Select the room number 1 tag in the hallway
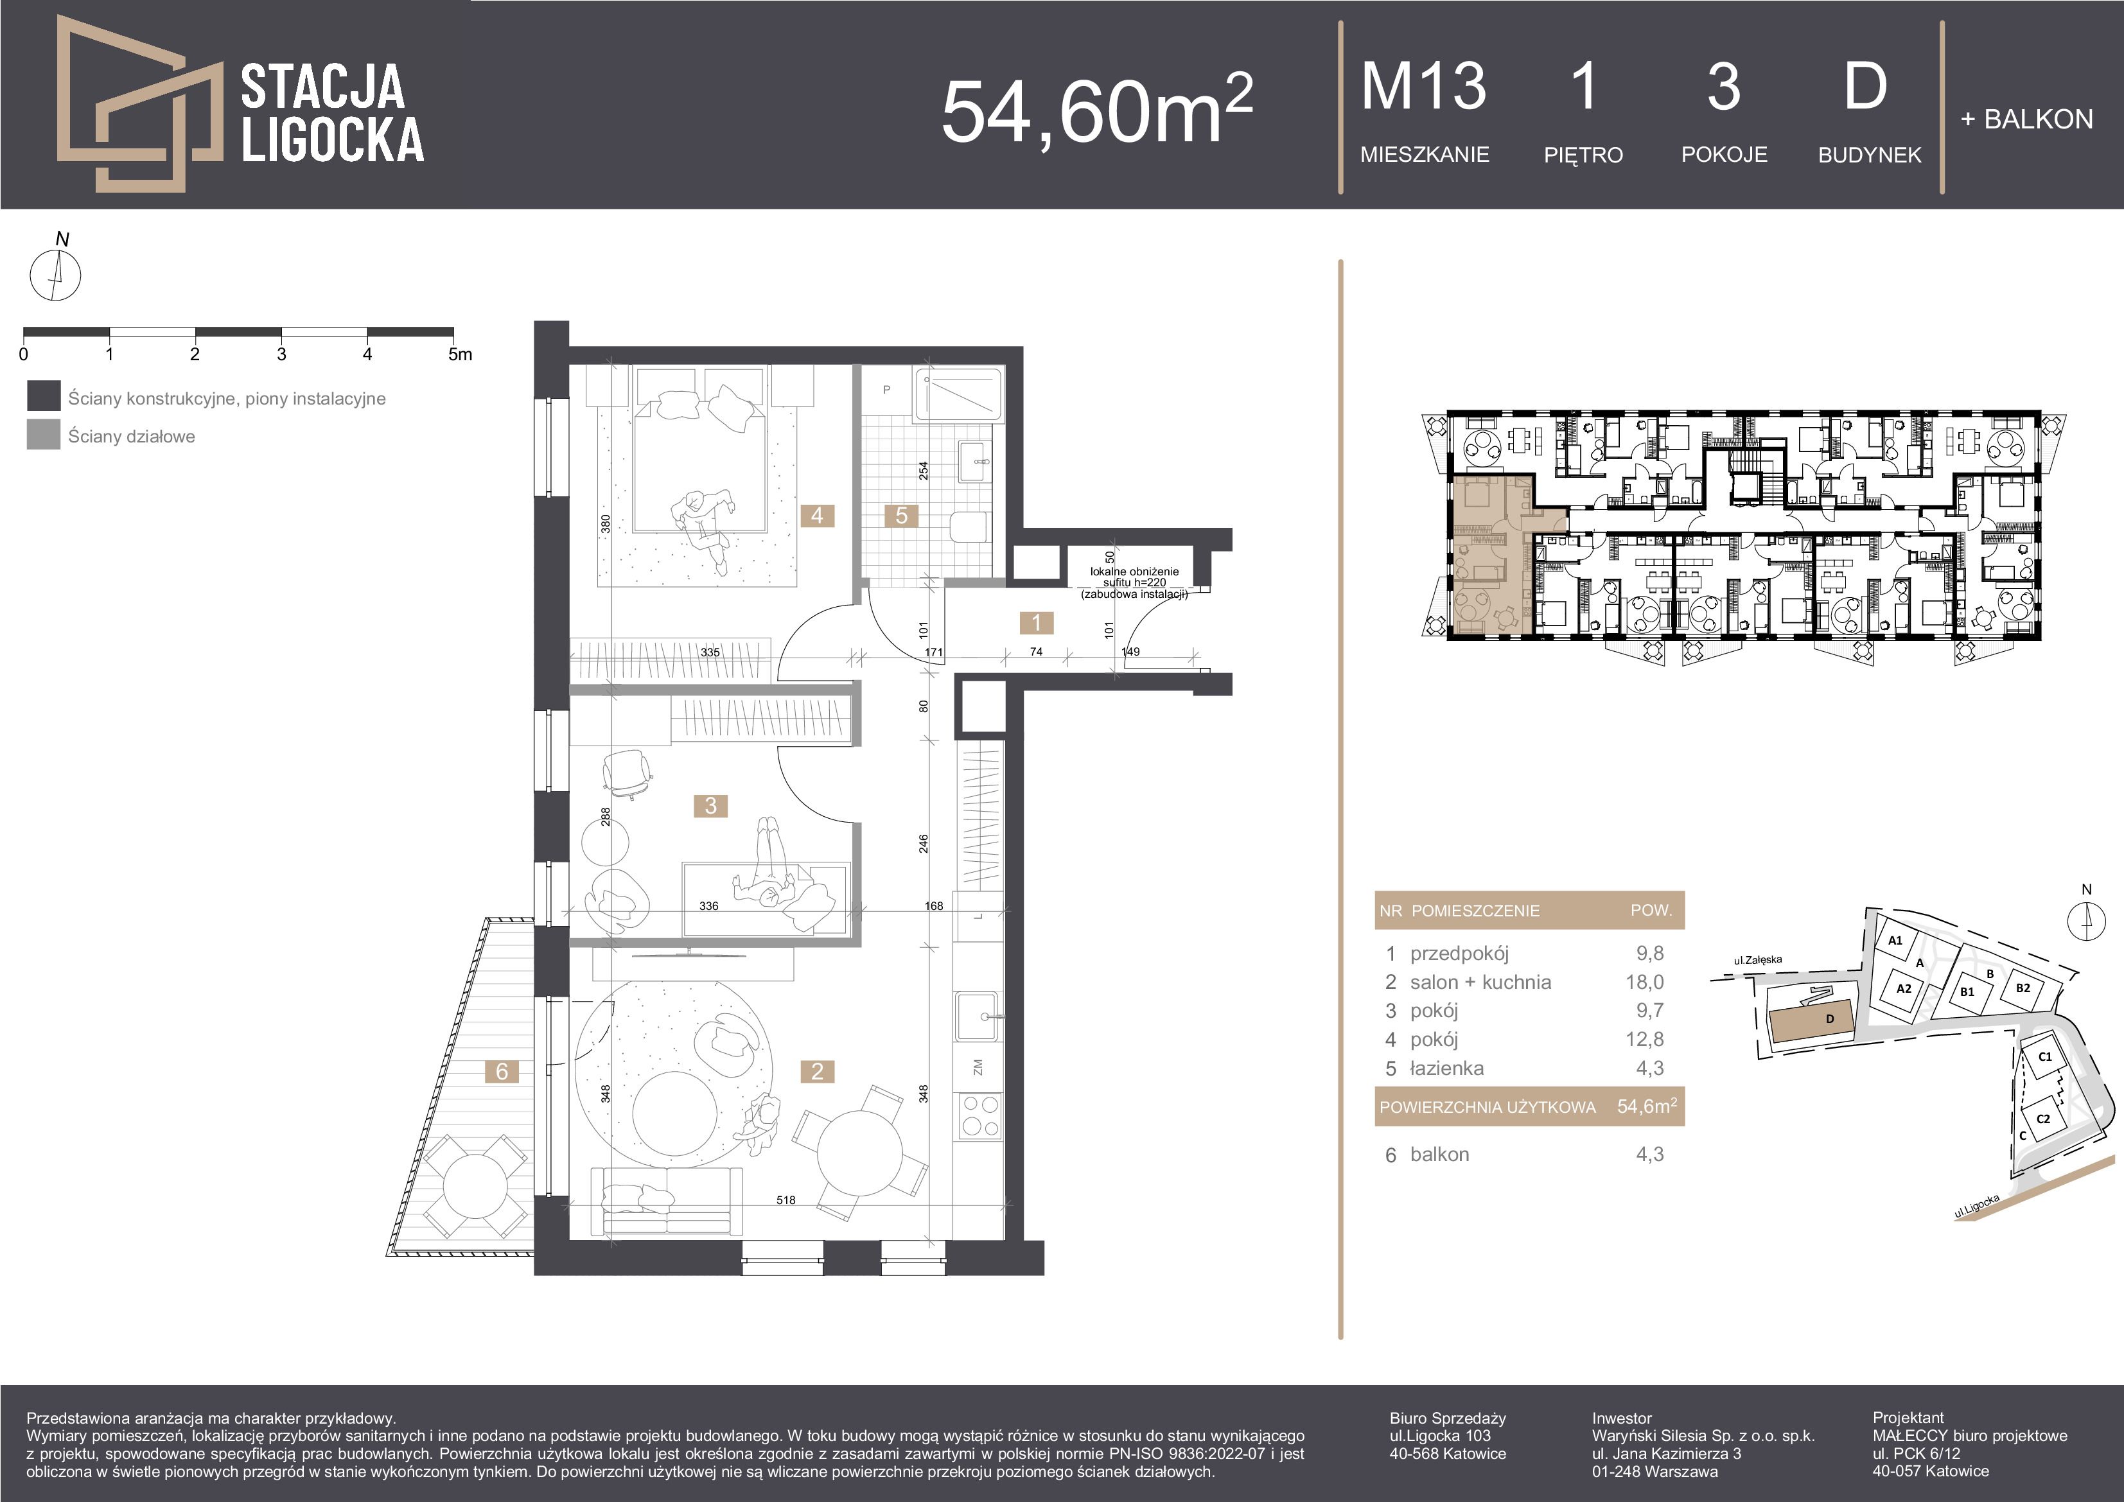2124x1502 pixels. pyautogui.click(x=1036, y=622)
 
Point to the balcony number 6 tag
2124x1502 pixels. pyautogui.click(x=502, y=1071)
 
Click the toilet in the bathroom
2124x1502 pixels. pyautogui.click(x=966, y=528)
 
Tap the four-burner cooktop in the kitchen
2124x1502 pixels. pyautogui.click(x=979, y=1115)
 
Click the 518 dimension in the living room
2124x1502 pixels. pyautogui.click(x=786, y=1200)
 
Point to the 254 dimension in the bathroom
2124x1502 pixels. pyautogui.click(x=923, y=471)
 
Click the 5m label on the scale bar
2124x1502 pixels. pyautogui.click(x=460, y=354)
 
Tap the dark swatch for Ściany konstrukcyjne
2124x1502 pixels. pyautogui.click(x=44, y=396)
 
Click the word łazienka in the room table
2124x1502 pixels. pyautogui.click(x=1447, y=1069)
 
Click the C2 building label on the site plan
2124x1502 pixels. pyautogui.click(x=2044, y=1118)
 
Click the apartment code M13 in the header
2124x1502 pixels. pyautogui.click(x=1423, y=87)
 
